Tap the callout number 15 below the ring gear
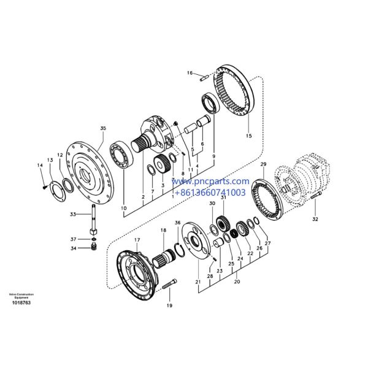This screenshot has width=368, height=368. pyautogui.click(x=248, y=136)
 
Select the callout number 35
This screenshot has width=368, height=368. pyautogui.click(x=103, y=128)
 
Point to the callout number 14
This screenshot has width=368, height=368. pyautogui.click(x=40, y=166)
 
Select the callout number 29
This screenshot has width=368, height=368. pyautogui.click(x=263, y=165)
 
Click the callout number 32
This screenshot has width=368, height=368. pyautogui.click(x=315, y=218)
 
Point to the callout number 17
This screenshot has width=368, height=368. pyautogui.click(x=137, y=240)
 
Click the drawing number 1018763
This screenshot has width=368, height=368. pyautogui.click(x=20, y=303)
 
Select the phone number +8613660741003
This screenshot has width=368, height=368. pyautogui.click(x=210, y=192)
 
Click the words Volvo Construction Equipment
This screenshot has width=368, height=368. pyautogui.click(x=21, y=296)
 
